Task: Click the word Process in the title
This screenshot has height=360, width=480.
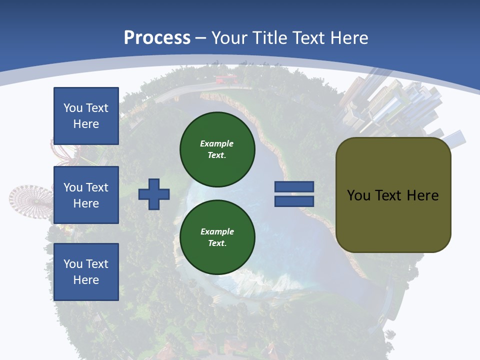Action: click(157, 38)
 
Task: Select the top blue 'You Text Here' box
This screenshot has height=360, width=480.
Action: click(86, 116)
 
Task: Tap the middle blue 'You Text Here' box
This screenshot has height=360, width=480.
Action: click(86, 195)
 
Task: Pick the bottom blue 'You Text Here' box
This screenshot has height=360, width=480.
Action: click(86, 271)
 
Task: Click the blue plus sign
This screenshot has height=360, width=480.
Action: click(154, 194)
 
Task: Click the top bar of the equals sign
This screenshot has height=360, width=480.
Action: click(294, 187)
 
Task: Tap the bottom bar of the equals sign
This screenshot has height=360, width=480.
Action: click(294, 201)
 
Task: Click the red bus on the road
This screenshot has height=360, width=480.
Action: click(225, 79)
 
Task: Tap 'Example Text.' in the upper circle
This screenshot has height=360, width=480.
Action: click(217, 149)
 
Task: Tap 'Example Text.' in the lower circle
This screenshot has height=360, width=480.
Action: click(217, 237)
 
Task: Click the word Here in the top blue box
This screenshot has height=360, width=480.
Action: click(86, 124)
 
